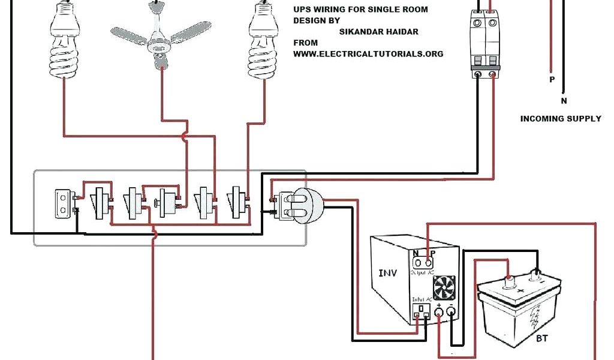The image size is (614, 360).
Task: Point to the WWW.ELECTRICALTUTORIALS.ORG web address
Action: pos(368,53)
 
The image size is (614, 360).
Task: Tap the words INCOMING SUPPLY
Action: pos(560,119)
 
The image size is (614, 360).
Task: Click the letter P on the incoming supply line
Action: pos(552,80)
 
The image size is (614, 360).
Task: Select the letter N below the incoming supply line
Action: pos(564,101)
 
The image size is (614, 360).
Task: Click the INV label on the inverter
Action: pos(387,273)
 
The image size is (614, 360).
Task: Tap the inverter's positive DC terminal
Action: pos(440,311)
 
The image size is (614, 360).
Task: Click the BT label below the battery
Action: pos(541,339)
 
